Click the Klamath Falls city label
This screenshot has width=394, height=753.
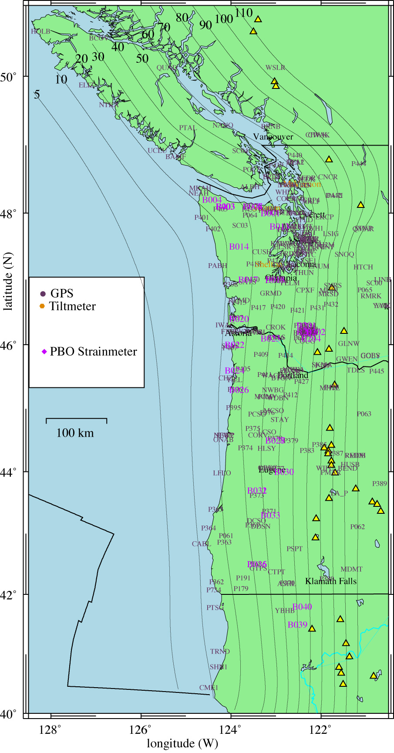330,581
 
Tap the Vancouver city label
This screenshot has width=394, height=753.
273,137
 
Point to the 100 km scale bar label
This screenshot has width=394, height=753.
75,433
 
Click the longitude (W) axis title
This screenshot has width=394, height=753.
182,743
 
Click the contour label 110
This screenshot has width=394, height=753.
243,13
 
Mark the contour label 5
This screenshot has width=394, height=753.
37,94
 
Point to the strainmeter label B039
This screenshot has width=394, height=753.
298,624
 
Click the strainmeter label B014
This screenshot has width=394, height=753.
239,247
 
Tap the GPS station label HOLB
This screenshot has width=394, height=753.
40,31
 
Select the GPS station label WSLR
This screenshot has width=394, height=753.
275,68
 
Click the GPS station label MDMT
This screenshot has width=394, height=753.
351,569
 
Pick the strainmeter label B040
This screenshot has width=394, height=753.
302,607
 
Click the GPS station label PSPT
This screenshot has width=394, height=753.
294,549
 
